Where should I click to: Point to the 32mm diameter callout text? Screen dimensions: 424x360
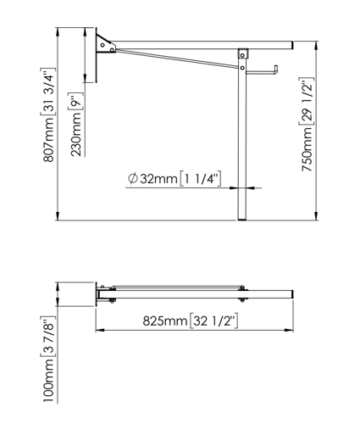coord(174,179)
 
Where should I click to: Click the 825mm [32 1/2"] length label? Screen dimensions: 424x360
coord(189,321)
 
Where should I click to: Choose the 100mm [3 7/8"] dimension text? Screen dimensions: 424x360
coord(49,357)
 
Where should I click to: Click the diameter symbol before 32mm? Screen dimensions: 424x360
coord(132,179)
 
